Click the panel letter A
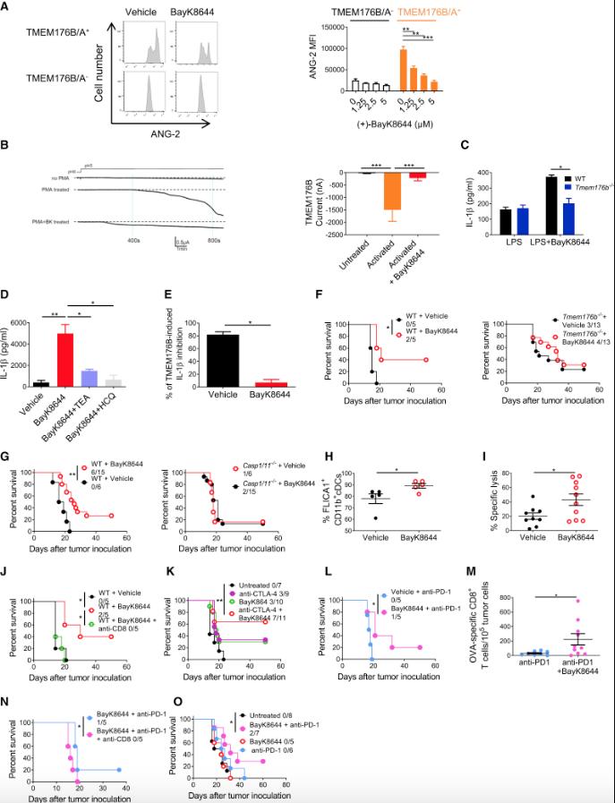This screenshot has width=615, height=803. tap(7, 8)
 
